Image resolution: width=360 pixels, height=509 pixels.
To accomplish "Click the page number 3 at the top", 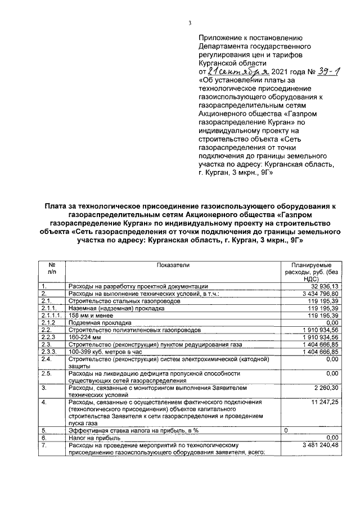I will pos(190,22).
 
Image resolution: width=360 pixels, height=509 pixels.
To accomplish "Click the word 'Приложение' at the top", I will pos(220,35).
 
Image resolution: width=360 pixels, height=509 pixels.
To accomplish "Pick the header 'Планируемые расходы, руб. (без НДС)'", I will pos(311,271).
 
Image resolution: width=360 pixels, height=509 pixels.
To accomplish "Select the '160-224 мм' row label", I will pos(84,337).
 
